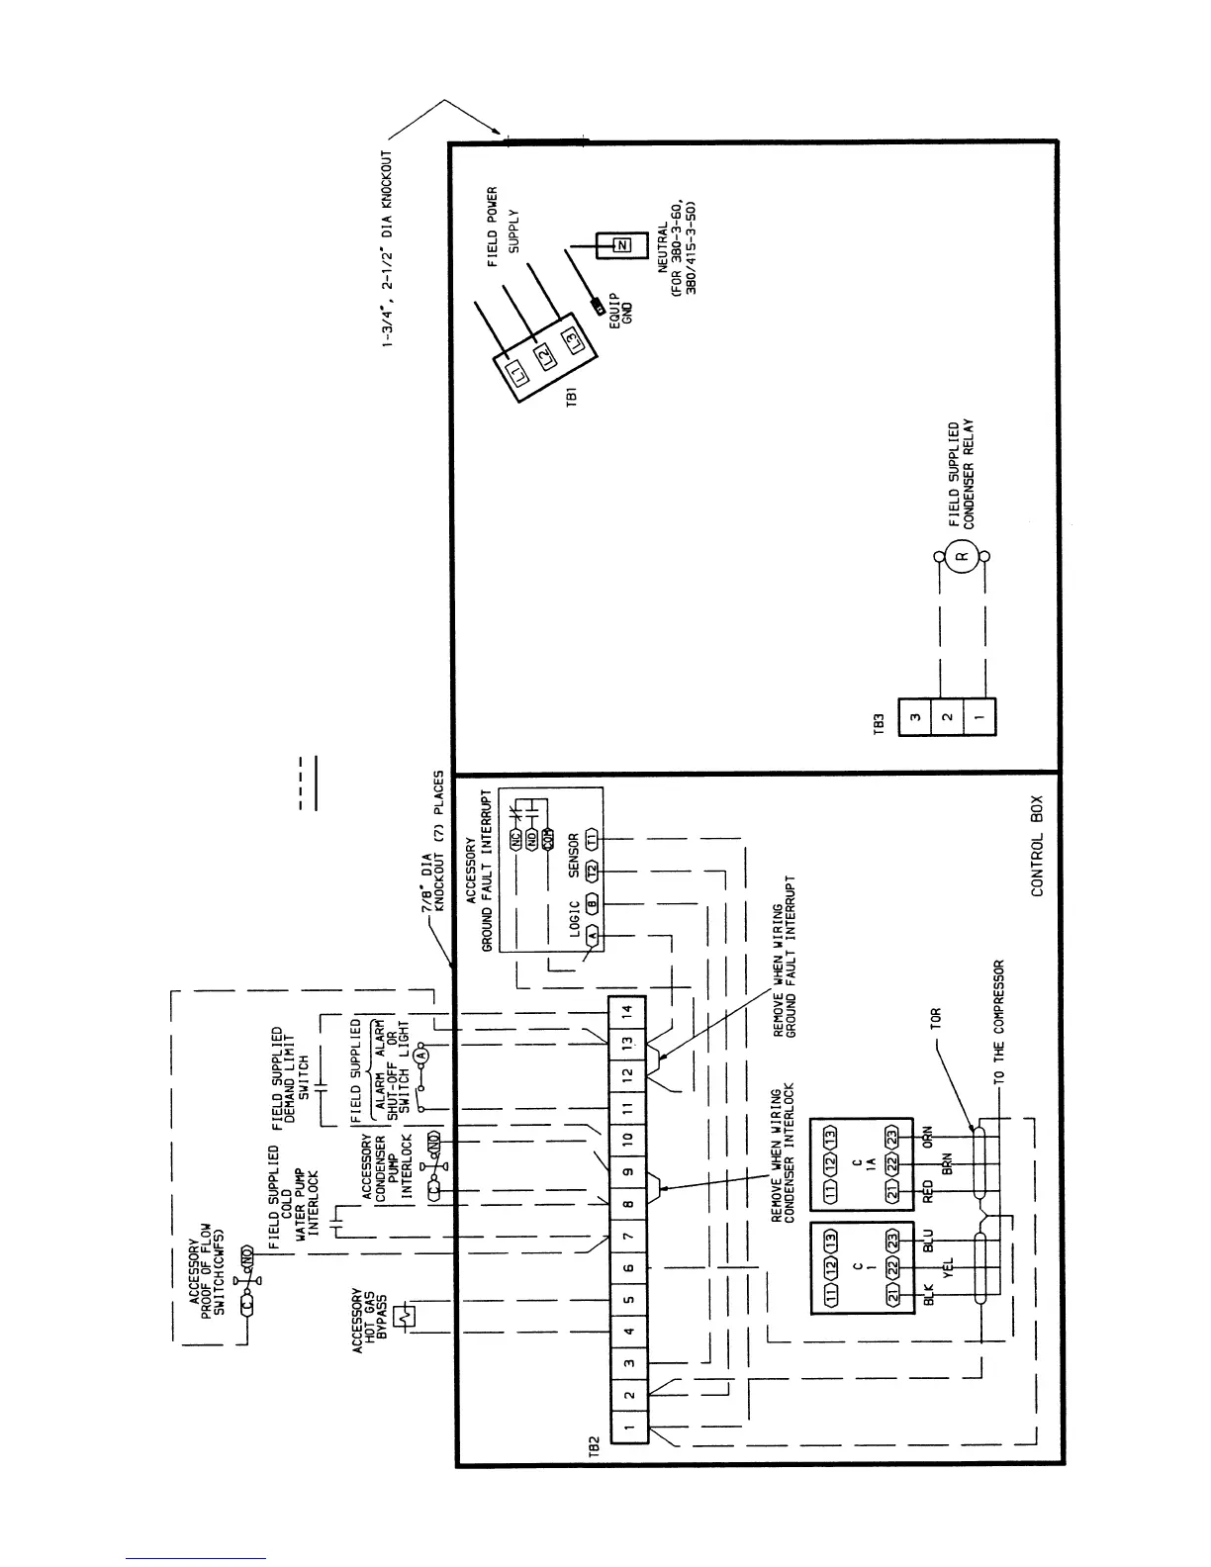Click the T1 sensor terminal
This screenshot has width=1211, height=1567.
coord(592,839)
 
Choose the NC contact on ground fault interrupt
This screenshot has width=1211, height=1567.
coord(515,840)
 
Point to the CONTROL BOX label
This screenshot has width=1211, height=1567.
coord(1038,860)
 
